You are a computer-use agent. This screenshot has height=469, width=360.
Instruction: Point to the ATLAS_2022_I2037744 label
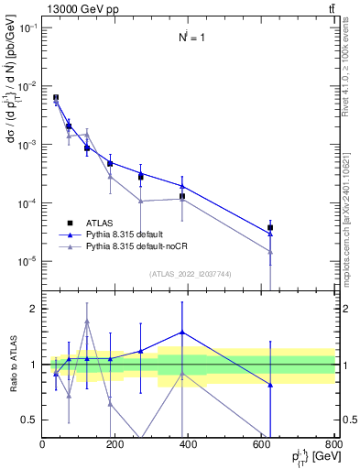tap(189, 274)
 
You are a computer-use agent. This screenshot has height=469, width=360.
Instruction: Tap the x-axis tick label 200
tap(115, 444)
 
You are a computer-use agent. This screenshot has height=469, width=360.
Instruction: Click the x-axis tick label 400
tap(189, 444)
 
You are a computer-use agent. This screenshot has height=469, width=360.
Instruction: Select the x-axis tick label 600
tap(262, 444)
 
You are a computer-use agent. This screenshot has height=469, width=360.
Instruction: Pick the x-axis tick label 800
tap(333, 444)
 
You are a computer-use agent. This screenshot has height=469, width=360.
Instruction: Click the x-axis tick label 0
tap(42, 444)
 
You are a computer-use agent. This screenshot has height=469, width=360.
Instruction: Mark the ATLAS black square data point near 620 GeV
tap(270, 227)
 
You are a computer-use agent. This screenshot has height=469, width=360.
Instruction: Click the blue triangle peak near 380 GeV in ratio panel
tap(182, 333)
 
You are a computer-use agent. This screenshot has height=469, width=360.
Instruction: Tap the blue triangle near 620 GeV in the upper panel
tap(270, 234)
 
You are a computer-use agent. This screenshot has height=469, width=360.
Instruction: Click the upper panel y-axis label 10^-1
tap(27, 27)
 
